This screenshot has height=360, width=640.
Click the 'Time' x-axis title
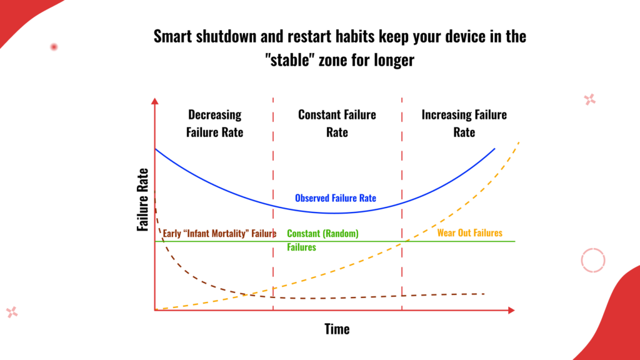coord(337,329)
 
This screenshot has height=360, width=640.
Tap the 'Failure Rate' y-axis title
coord(142,200)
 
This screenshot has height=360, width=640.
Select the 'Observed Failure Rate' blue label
coord(336,198)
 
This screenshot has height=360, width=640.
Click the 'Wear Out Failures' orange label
coord(470,232)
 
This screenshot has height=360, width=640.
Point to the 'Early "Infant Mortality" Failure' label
coord(219,234)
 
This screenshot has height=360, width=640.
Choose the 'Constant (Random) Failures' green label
coord(323,240)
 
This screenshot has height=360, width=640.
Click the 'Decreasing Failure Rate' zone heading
coord(215,123)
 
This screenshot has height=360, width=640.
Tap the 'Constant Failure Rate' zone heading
coord(337,123)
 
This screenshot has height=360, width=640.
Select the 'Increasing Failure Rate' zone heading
coord(464,123)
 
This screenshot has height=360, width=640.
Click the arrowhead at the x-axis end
coord(511,310)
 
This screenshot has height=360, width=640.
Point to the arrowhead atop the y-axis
coord(155,101)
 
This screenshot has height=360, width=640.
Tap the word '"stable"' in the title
coord(290,60)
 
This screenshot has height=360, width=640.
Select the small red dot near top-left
coord(54,47)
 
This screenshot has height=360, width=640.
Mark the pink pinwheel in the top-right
coord(590,99)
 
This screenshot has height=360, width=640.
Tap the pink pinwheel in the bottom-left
coord(12,312)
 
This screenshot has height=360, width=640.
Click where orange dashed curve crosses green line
coord(402,242)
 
